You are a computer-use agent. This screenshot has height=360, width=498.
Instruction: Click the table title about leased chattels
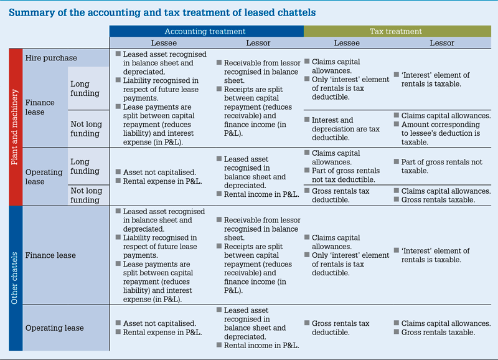pyautogui.click(x=162, y=12)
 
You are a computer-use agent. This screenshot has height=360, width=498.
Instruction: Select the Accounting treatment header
pyautogui.click(x=205, y=31)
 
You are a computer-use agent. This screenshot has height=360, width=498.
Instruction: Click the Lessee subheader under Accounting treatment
pyautogui.click(x=164, y=43)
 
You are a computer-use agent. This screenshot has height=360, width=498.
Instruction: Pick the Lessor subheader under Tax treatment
pyautogui.click(x=442, y=43)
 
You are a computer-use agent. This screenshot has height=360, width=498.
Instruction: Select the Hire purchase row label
pyautogui.click(x=51, y=58)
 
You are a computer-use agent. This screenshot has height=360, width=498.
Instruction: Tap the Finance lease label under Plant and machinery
pyautogui.click(x=40, y=107)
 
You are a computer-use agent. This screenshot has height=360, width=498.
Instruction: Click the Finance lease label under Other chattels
pyautogui.click(x=50, y=255)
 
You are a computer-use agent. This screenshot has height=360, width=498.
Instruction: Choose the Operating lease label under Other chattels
pyautogui.click(x=54, y=328)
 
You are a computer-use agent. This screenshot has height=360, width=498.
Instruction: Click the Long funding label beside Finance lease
pyautogui.click(x=85, y=88)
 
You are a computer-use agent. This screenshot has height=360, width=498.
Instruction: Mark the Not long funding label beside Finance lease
pyautogui.click(x=85, y=128)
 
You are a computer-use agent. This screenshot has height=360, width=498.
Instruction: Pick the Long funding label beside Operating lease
pyautogui.click(x=85, y=166)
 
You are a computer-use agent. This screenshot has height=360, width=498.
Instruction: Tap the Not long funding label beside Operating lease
pyautogui.click(x=85, y=195)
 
